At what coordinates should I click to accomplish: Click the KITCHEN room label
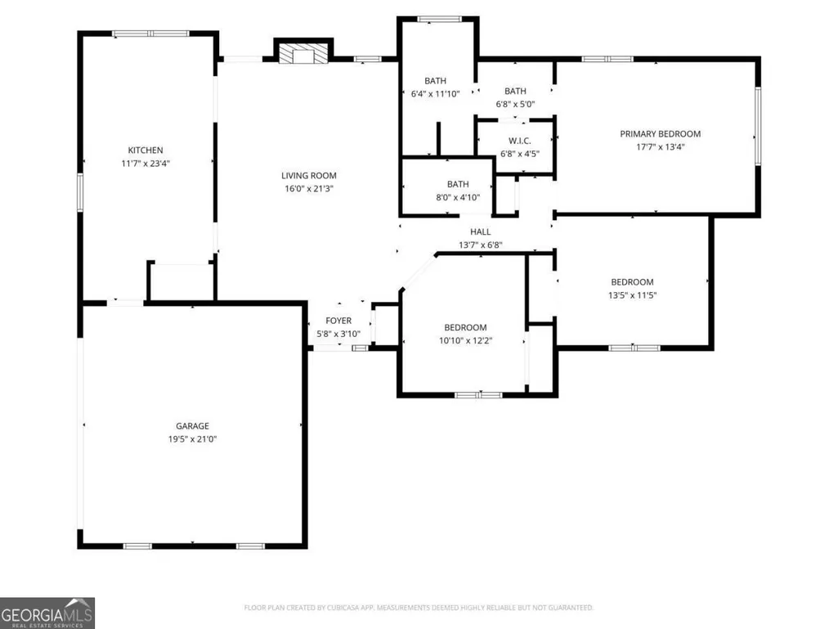[146, 151]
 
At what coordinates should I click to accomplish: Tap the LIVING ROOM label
[309, 175]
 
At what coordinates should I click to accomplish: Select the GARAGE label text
[192, 426]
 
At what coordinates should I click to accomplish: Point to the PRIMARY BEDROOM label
[660, 133]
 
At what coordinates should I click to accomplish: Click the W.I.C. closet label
[519, 141]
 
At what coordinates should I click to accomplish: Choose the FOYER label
[338, 321]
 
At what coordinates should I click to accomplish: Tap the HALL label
[481, 231]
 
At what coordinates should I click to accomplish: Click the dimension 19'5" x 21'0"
[192, 439]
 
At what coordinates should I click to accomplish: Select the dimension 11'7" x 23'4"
[146, 163]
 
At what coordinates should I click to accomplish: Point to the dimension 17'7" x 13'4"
[660, 146]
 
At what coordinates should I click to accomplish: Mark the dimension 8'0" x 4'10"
[458, 197]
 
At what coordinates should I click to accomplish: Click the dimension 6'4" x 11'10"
[435, 93]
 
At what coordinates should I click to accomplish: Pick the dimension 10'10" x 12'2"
[465, 340]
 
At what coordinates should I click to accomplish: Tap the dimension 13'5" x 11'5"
[632, 294]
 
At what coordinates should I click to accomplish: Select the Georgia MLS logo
[47, 613]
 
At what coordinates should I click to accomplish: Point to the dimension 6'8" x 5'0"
[515, 104]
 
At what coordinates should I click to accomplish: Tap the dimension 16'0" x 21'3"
[309, 188]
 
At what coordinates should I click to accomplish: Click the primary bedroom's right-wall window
[758, 126]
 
